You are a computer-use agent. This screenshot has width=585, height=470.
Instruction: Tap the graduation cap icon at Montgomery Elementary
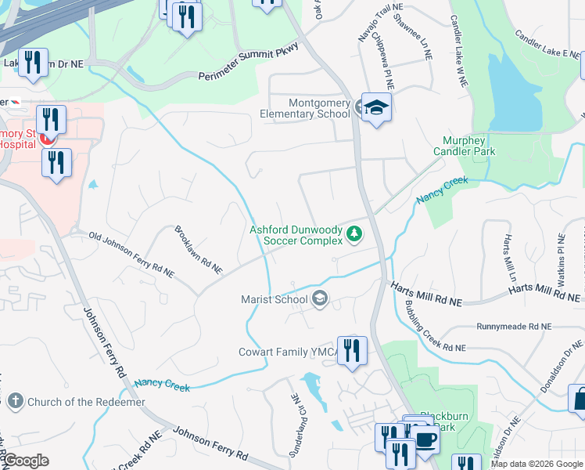coord(376,108)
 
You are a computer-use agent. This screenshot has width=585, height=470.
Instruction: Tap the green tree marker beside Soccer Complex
coord(354,233)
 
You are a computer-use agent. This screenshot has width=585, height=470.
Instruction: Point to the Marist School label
coord(274,299)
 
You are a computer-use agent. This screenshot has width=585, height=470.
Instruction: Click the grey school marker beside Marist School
coord(319,298)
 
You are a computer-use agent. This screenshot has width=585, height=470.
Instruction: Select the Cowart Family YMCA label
coord(288,352)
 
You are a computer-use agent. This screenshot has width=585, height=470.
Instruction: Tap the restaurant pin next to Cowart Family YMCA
coord(352,350)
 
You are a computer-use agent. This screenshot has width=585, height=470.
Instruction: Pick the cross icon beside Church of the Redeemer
coord(15,402)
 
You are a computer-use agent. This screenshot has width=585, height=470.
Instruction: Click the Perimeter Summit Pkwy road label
coord(249,64)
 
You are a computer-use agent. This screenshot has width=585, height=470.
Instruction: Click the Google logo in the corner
coord(25,461)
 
